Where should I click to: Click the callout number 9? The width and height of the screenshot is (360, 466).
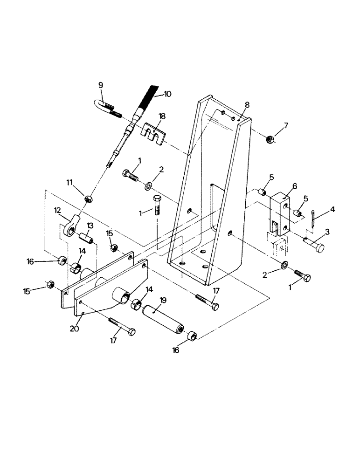[100, 85]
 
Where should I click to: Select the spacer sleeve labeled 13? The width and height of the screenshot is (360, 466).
[87, 237]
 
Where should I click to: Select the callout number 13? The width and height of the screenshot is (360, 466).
[90, 226]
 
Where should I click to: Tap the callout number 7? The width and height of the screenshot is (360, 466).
[286, 125]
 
